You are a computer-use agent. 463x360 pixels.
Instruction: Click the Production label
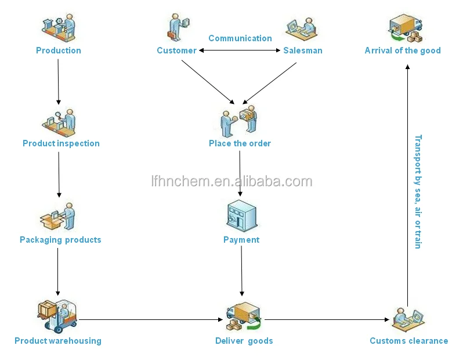pyautogui.click(x=59, y=51)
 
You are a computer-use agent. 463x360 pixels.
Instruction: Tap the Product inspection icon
pyautogui.click(x=59, y=123)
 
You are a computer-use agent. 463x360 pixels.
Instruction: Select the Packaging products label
pyautogui.click(x=60, y=240)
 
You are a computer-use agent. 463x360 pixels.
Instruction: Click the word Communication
pyautogui.click(x=240, y=38)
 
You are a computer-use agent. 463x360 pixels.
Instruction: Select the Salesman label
pyautogui.click(x=303, y=51)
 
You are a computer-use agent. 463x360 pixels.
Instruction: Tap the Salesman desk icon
pyautogui.click(x=302, y=29)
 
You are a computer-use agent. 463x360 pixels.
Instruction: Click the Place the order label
pyautogui.click(x=240, y=143)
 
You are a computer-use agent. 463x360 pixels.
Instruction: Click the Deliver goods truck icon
pyautogui.click(x=244, y=316)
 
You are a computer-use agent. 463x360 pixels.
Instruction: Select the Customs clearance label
pyautogui.click(x=409, y=341)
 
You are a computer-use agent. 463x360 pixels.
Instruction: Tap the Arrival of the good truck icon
pyautogui.click(x=406, y=28)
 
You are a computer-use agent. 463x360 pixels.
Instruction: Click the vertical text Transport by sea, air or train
pyautogui.click(x=418, y=192)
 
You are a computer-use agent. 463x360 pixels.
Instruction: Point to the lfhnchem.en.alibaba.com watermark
pyautogui.click(x=232, y=181)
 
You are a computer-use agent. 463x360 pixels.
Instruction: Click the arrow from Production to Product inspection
pyautogui.click(x=58, y=82)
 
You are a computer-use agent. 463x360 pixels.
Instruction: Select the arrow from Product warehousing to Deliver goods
pyautogui.click(x=151, y=319)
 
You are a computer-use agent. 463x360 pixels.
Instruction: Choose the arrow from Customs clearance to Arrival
pyautogui.click(x=407, y=186)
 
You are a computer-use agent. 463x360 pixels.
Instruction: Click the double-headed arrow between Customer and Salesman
pyautogui.click(x=240, y=51)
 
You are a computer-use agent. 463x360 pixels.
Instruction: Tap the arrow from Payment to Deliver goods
pyautogui.click(x=241, y=271)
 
